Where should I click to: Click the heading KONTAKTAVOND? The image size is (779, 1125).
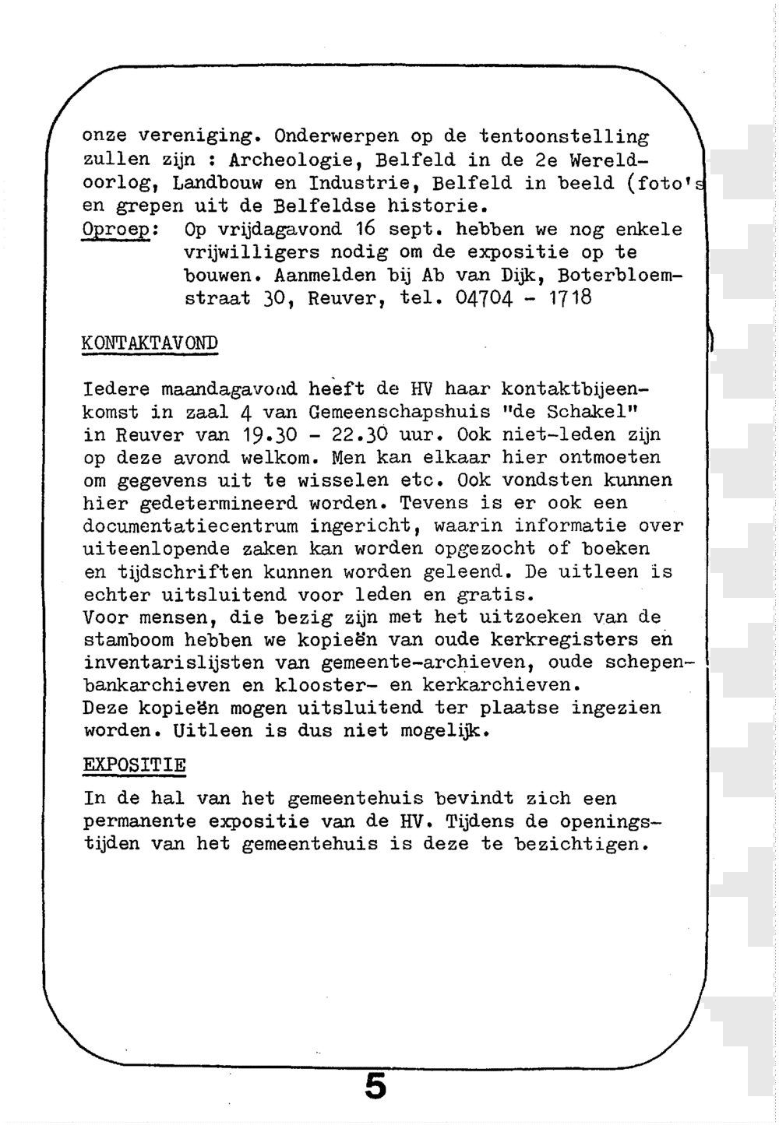[x=150, y=343]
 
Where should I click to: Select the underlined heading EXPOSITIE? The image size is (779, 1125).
[x=134, y=765]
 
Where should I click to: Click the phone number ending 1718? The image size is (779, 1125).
[x=524, y=298]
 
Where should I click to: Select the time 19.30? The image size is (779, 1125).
[x=264, y=434]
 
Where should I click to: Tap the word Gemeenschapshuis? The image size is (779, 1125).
[x=399, y=412]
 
